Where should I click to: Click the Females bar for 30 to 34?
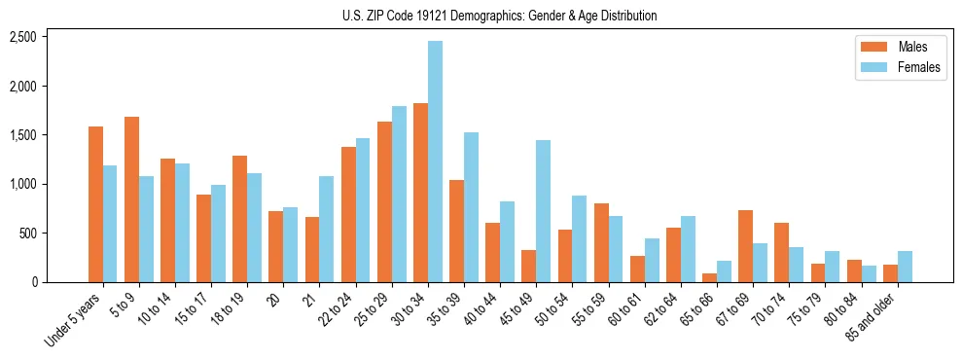[x=435, y=162]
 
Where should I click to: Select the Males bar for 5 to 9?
[x=132, y=199]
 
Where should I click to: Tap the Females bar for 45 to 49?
[x=543, y=211]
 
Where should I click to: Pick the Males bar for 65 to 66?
[x=709, y=277]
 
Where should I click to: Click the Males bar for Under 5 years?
[x=95, y=204]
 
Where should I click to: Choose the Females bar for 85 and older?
[x=905, y=267]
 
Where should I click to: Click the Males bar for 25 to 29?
[x=384, y=201]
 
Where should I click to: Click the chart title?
[x=499, y=16]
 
